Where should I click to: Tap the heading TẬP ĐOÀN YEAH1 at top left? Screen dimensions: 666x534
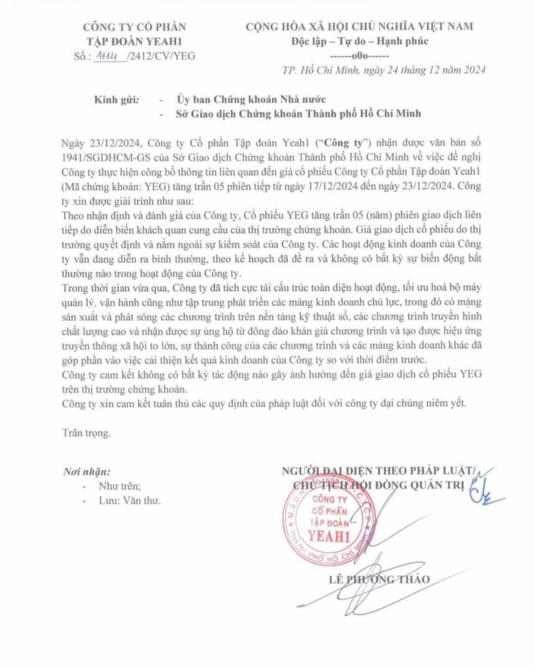point(135,41)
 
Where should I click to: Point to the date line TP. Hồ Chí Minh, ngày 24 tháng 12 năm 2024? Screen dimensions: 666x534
point(384,69)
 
